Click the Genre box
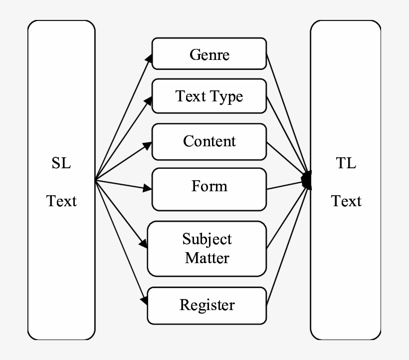[209, 53]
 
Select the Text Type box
[209, 96]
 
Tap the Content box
[209, 141]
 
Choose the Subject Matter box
[207, 248]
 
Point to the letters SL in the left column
[61, 164]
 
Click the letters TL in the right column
[346, 164]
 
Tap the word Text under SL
[61, 201]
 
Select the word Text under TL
[346, 201]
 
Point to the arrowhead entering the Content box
[147, 144]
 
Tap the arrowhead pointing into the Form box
[147, 189]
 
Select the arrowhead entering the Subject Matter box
[144, 245]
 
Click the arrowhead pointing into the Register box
[144, 301]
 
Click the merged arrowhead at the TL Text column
[307, 179]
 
